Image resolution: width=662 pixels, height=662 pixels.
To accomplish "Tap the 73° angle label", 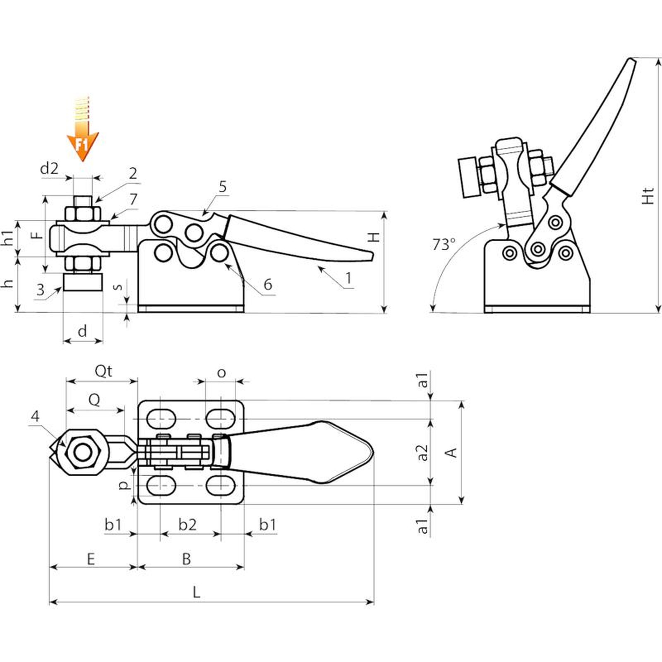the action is click(x=444, y=245).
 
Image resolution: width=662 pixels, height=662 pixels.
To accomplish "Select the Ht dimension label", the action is click(x=649, y=196).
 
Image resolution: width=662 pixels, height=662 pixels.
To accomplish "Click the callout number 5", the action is click(x=223, y=187).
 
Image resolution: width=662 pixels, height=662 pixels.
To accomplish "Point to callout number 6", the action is click(x=268, y=284).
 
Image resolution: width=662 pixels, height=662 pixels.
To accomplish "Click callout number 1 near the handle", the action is click(x=349, y=278).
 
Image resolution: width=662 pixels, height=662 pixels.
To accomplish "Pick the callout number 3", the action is click(x=40, y=290).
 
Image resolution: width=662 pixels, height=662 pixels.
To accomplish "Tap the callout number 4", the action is click(x=36, y=416).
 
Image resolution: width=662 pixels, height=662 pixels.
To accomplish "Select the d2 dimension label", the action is click(x=49, y=168).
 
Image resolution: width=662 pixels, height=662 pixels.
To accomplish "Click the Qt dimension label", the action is click(x=103, y=371).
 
